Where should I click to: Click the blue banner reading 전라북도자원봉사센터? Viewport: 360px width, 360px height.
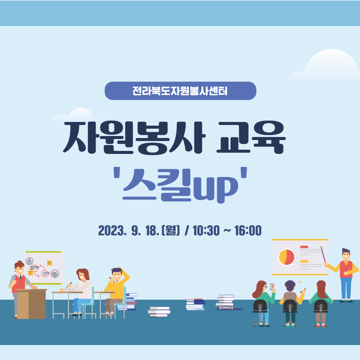coord(180,91)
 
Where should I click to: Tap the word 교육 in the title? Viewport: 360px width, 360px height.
coord(251,137)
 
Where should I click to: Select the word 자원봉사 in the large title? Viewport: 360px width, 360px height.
coord(134,137)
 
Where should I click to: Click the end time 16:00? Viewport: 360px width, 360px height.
coord(248,231)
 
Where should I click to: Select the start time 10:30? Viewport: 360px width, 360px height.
coord(206,231)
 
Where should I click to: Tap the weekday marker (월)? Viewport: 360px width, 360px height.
coord(171,231)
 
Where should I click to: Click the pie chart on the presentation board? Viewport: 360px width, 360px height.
coord(286,257)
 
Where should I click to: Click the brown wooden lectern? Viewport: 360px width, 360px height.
coord(31,304)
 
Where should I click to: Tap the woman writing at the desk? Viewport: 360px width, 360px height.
coord(80,290)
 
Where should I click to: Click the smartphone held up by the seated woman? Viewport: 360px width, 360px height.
coord(272,287)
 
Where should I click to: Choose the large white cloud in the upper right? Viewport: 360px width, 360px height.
coord(323,65)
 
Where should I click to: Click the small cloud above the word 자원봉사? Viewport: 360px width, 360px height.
coord(76,114)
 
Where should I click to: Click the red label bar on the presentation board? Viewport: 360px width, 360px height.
coord(304,247)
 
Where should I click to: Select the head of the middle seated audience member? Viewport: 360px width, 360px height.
coord(290,286)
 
